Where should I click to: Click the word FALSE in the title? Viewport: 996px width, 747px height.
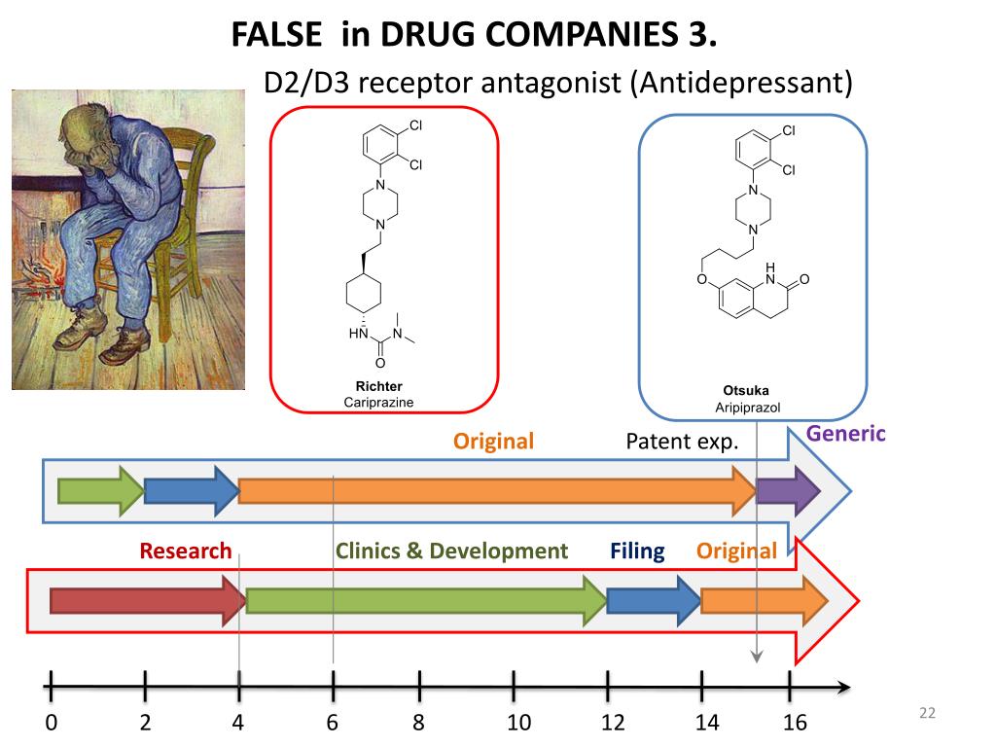point(276,35)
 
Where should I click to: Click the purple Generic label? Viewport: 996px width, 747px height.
point(845,434)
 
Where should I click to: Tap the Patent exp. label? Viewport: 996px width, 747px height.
point(682,442)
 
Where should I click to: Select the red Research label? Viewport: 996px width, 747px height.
point(186,551)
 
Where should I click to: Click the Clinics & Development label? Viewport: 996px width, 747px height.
point(451,551)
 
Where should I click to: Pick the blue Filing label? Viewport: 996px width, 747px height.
point(637,551)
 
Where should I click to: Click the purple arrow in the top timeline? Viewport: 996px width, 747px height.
point(789,490)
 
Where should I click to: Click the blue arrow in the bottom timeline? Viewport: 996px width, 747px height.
point(653,600)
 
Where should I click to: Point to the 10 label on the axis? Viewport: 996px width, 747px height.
point(518,723)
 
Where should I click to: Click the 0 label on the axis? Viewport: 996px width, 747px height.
point(51,723)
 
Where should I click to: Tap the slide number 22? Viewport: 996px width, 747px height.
point(926,715)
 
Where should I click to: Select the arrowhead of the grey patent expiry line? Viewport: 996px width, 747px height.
point(758,658)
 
